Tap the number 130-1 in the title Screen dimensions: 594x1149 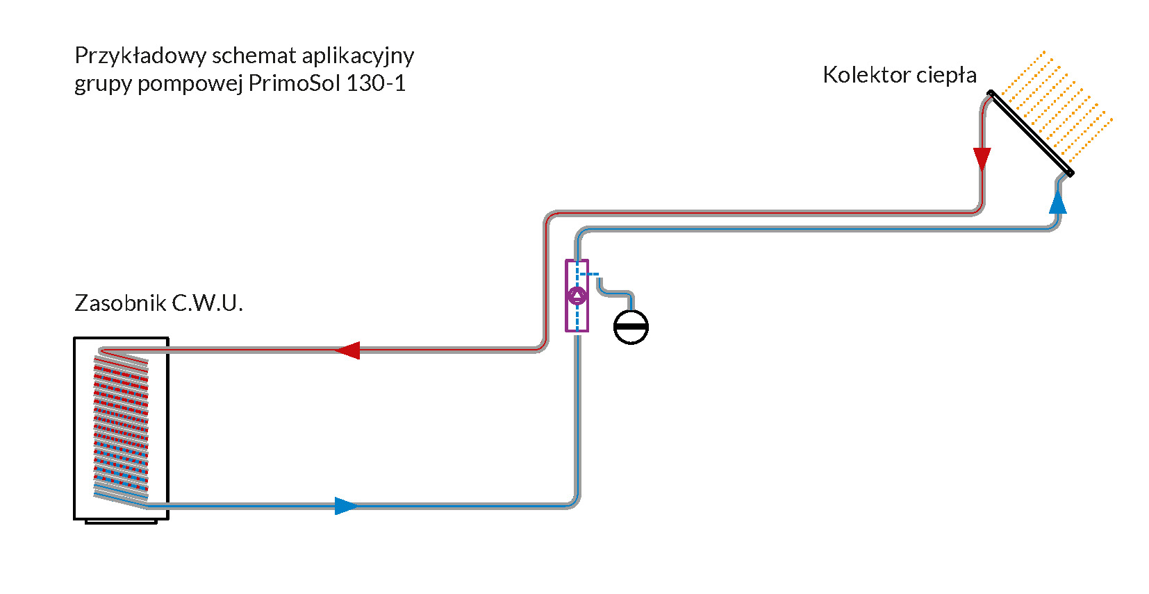[x=376, y=83]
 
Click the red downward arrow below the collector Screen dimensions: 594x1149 [x=982, y=159]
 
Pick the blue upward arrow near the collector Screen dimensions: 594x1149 [x=1057, y=203]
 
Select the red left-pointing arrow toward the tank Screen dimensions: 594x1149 [x=347, y=350]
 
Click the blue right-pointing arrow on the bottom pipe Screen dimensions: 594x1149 [x=346, y=506]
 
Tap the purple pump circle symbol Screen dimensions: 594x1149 [x=577, y=296]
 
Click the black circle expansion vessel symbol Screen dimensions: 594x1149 [x=631, y=327]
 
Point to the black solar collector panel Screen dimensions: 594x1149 [x=1031, y=133]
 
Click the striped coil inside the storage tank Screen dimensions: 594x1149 [x=121, y=427]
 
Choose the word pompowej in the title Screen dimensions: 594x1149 [x=190, y=83]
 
